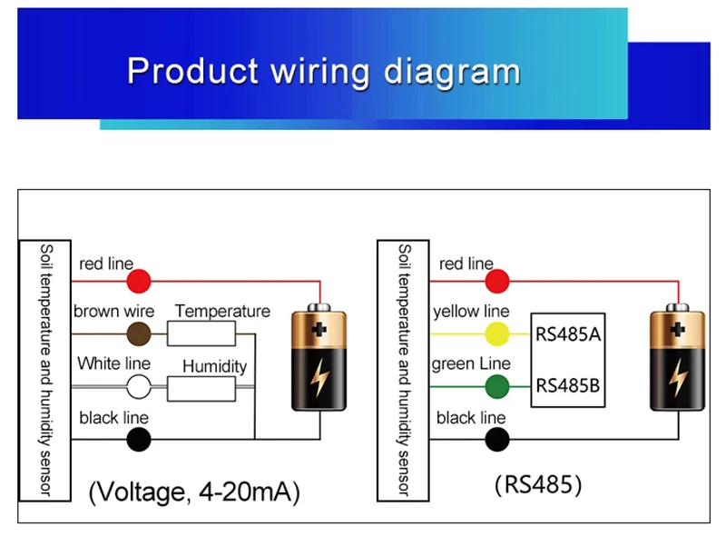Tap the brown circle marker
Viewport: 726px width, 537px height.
coord(138,333)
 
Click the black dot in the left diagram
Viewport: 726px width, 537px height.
coord(138,440)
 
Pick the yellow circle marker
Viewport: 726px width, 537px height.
coord(496,334)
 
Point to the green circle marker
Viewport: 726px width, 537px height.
coord(496,387)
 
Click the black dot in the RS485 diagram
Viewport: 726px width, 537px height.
coord(496,440)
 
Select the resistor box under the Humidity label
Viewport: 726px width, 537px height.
coord(201,388)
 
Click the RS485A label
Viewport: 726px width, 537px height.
coord(568,333)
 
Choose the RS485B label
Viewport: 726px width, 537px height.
coord(568,385)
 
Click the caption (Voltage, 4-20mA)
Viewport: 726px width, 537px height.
coord(194,492)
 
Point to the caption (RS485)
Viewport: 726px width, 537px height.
coord(537,485)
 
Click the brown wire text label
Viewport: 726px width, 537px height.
coord(114,312)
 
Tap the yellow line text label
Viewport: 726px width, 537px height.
coord(471,312)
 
